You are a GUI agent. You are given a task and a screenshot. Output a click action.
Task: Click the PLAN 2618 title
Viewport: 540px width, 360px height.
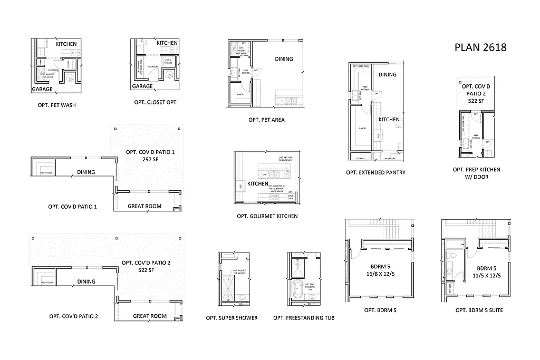[480, 47]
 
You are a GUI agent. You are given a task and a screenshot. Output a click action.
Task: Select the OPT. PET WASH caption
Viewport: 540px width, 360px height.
[56, 105]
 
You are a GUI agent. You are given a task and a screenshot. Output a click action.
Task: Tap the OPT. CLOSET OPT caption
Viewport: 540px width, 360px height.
[155, 102]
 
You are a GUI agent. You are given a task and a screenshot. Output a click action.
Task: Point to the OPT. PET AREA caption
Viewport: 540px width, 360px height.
[266, 120]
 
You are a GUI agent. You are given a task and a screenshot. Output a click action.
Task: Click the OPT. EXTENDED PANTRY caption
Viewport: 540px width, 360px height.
[375, 172]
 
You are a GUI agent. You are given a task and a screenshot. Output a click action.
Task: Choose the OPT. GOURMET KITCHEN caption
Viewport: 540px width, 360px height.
[267, 216]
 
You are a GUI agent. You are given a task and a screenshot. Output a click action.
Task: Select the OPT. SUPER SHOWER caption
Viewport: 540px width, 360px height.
[232, 318]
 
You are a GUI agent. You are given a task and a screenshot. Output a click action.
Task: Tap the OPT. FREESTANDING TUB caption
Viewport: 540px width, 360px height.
[304, 318]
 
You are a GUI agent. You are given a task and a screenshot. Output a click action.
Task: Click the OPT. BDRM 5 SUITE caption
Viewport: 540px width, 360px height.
[479, 310]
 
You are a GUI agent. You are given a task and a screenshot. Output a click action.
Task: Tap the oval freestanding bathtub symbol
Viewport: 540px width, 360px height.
[298, 289]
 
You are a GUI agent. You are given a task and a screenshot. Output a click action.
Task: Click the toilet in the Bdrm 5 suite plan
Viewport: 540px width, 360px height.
[453, 257]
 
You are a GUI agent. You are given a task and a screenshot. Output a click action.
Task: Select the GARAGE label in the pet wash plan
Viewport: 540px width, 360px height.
[42, 89]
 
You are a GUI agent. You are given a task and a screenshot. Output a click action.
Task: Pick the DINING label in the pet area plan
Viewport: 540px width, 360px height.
[283, 59]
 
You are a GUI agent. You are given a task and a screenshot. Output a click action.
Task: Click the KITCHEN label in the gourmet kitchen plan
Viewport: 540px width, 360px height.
[258, 184]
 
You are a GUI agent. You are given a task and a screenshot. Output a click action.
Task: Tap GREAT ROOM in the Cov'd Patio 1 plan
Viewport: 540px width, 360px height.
[144, 206]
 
